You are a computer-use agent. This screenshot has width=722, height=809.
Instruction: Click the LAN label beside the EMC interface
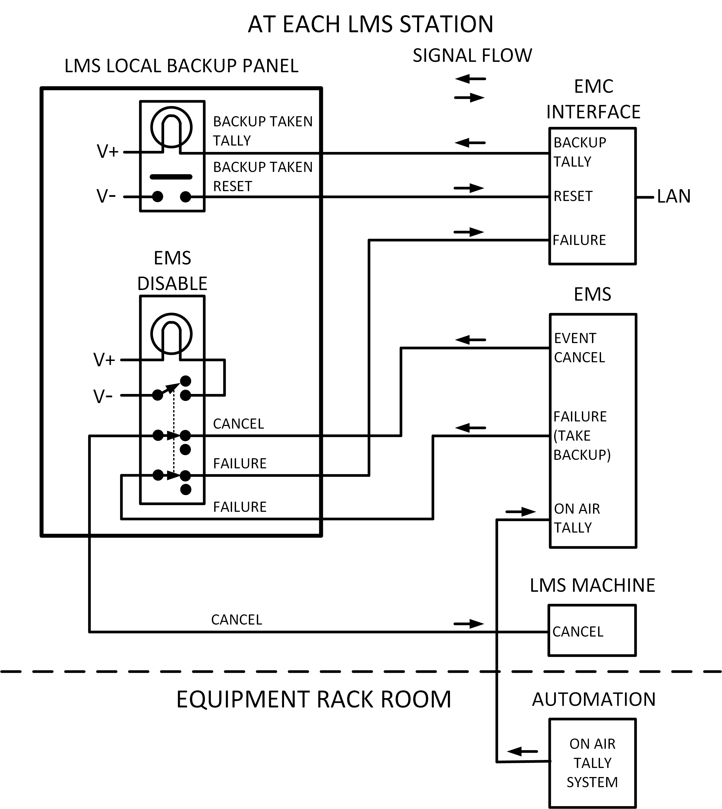click(x=674, y=196)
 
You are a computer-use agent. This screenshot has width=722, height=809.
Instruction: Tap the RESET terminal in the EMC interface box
click(x=573, y=196)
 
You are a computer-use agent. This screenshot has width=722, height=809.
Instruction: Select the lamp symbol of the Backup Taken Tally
click(x=171, y=127)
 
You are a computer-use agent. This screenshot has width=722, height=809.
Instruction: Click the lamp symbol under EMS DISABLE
click(x=171, y=334)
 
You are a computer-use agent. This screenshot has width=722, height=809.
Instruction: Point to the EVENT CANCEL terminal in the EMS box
click(x=579, y=348)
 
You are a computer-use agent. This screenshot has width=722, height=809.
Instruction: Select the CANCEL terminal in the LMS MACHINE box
click(x=578, y=631)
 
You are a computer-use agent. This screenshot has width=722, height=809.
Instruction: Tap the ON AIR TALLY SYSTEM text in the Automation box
click(x=592, y=763)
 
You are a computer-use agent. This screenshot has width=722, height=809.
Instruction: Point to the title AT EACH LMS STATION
click(x=371, y=24)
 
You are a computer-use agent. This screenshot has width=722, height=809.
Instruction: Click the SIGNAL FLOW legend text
click(x=472, y=55)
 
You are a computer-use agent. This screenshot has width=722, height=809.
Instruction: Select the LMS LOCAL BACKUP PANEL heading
click(x=181, y=66)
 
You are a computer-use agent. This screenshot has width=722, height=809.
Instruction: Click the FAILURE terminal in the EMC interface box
click(x=579, y=240)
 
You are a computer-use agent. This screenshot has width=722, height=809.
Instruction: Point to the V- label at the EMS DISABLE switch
click(x=103, y=396)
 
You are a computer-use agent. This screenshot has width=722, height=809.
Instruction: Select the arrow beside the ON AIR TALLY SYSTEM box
click(x=522, y=751)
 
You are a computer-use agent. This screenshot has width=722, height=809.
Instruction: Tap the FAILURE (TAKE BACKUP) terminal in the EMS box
click(x=582, y=436)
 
